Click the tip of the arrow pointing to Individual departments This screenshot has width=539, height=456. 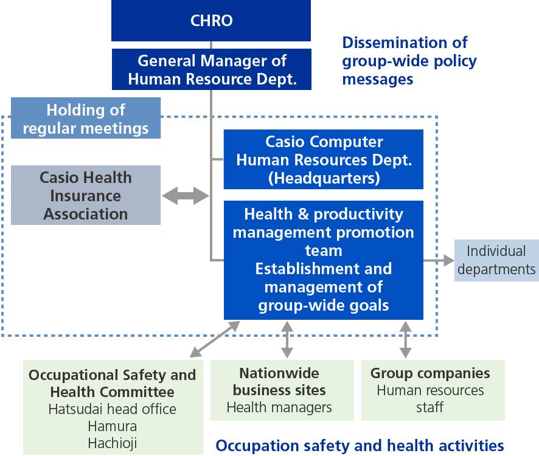(x=454, y=260)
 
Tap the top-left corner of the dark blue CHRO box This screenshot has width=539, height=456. (x=111, y=0)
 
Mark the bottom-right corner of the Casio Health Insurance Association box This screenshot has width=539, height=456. (x=161, y=225)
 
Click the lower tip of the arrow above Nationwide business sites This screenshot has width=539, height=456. (x=287, y=358)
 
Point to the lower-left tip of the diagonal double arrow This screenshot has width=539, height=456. (x=190, y=358)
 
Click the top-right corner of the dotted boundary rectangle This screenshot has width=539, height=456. (x=437, y=117)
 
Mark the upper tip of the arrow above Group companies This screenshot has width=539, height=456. (x=406, y=321)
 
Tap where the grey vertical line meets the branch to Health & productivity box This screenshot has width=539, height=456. (x=211, y=260)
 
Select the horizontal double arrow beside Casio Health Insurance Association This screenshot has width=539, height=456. (x=186, y=196)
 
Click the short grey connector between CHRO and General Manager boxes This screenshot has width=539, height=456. (x=211, y=45)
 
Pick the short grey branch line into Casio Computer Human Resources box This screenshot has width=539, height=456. (x=217, y=159)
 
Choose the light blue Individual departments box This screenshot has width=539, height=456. (x=496, y=260)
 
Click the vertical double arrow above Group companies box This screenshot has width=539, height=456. (x=406, y=339)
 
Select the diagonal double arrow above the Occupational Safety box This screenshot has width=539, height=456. (x=215, y=339)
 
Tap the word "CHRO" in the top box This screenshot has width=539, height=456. (x=212, y=21)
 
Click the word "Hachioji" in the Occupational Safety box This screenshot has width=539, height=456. (x=113, y=443)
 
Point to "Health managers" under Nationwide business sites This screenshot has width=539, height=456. (x=279, y=407)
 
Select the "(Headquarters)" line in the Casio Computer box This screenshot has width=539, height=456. (x=324, y=178)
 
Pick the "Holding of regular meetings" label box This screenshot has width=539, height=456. (x=86, y=118)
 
